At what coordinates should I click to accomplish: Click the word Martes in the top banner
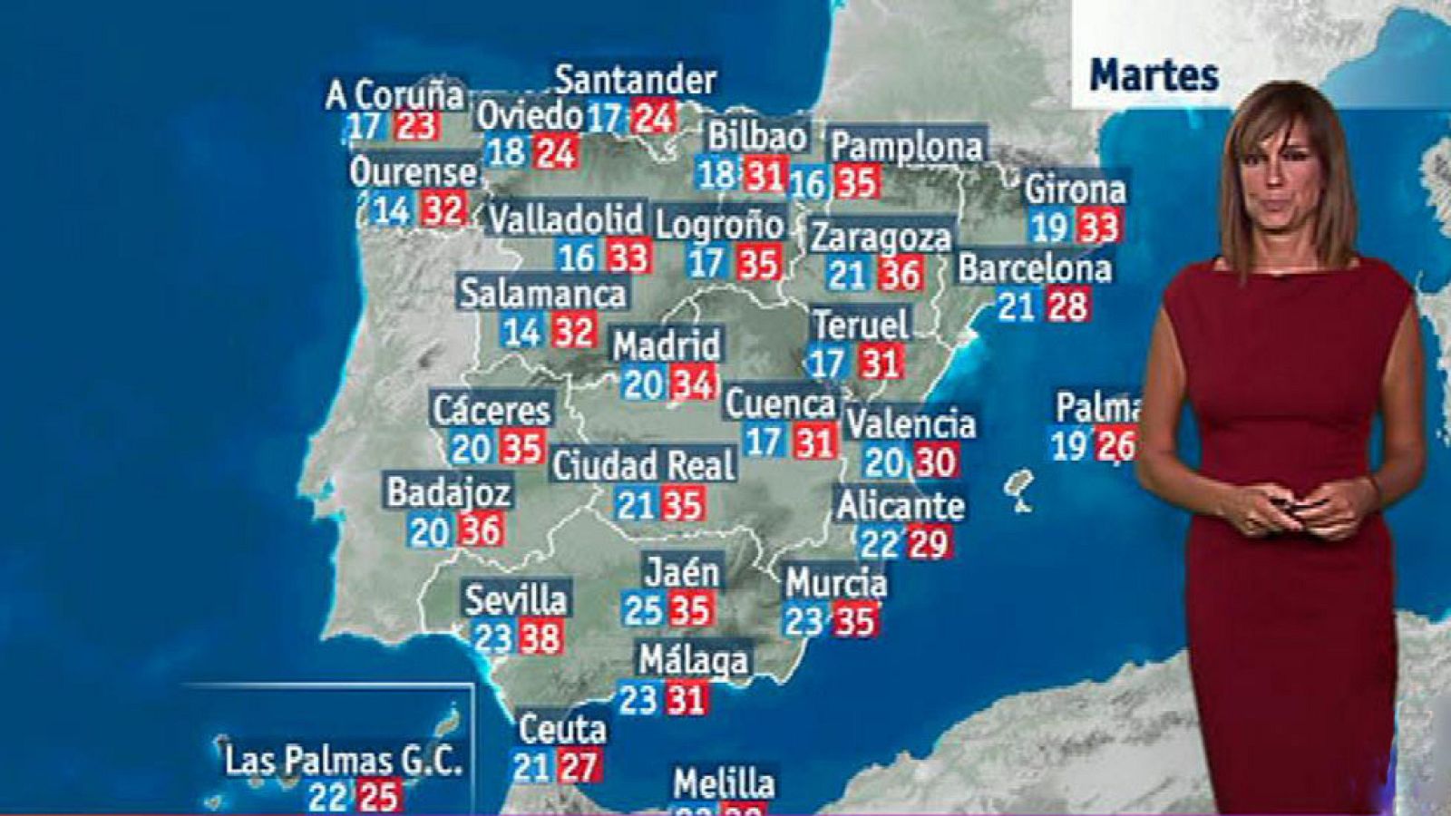[1154, 75]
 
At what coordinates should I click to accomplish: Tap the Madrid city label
[667, 345]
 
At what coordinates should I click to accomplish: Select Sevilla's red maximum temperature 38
[540, 638]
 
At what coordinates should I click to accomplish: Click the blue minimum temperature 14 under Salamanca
[522, 332]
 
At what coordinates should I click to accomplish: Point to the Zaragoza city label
[881, 238]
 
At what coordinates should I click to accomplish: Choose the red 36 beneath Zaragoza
[901, 274]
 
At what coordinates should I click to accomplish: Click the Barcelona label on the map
[1034, 268]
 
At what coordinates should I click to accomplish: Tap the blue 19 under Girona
[1048, 227]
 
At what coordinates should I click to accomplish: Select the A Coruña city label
[395, 94]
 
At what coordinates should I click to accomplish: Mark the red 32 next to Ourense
[443, 211]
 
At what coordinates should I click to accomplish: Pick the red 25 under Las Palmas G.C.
[379, 797]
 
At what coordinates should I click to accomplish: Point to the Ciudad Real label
[644, 466]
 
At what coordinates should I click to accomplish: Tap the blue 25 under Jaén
[643, 610]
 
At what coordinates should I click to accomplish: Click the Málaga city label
[694, 660]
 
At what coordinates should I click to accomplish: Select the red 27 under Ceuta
[578, 767]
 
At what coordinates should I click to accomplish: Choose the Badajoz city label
[449, 492]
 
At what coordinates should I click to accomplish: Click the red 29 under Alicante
[929, 543]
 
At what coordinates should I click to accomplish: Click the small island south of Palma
[1021, 490]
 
